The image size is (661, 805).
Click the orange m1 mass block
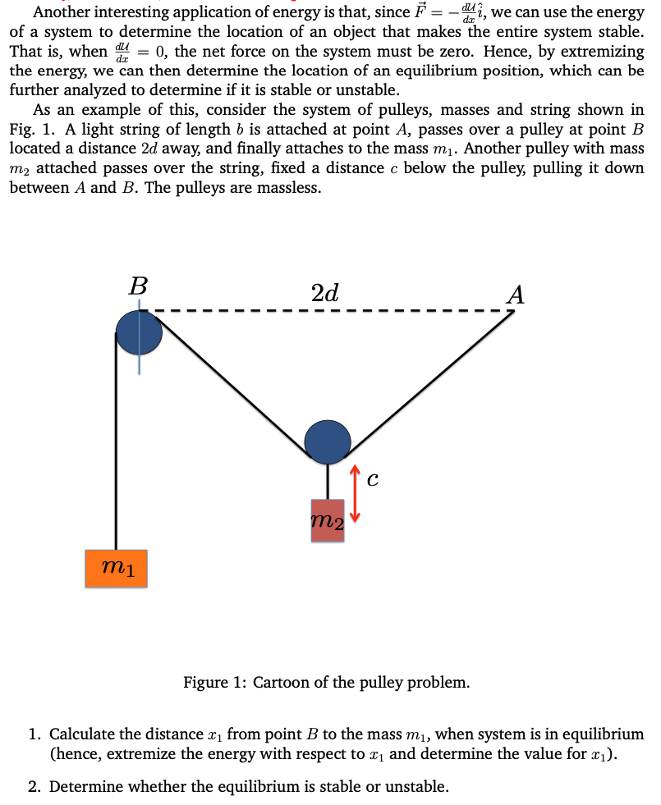pyautogui.click(x=116, y=569)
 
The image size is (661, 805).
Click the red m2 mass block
pyautogui.click(x=328, y=520)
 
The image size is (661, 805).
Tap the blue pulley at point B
pyautogui.click(x=139, y=332)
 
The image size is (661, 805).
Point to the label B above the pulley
pyautogui.click(x=138, y=286)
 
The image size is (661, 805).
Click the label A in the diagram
pyautogui.click(x=516, y=295)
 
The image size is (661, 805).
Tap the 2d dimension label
pyautogui.click(x=324, y=293)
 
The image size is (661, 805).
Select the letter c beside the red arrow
pyautogui.click(x=373, y=479)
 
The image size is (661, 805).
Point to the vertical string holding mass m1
pyautogui.click(x=116, y=441)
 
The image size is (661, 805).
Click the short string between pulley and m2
pyautogui.click(x=328, y=482)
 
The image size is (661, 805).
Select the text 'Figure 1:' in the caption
pyautogui.click(x=216, y=682)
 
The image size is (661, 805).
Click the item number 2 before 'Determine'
pyautogui.click(x=35, y=786)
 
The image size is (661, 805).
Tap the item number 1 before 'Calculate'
pyautogui.click(x=35, y=734)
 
